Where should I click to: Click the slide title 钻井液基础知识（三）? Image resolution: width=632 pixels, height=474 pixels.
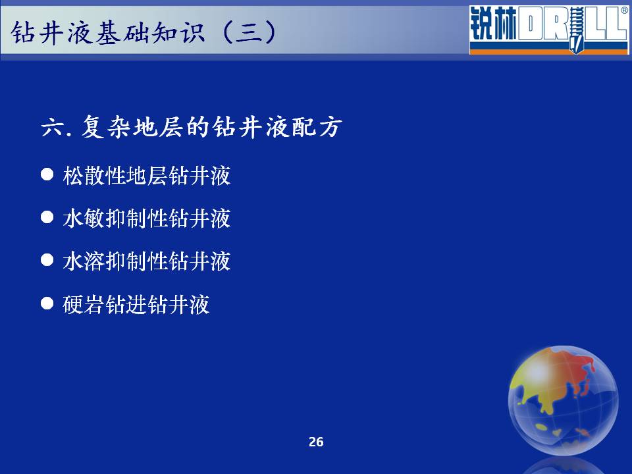tap(144, 32)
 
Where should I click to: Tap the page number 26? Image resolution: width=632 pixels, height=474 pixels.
tap(316, 442)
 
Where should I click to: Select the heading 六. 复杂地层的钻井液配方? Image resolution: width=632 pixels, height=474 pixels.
tap(192, 126)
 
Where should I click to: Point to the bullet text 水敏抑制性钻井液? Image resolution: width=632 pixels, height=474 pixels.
tap(147, 218)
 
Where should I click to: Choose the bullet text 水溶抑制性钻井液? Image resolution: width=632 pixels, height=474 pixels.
tap(147, 261)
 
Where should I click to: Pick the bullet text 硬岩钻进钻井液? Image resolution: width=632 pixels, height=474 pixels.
tap(136, 304)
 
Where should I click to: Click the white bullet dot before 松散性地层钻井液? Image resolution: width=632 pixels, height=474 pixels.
tap(47, 174)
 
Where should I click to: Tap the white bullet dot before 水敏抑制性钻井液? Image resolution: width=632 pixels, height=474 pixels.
tap(47, 217)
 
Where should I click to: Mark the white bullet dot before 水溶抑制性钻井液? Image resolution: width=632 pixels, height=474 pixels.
tap(47, 260)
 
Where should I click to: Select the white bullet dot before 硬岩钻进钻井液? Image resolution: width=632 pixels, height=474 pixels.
tap(47, 303)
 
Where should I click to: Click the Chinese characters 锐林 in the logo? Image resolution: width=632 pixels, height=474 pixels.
tap(493, 24)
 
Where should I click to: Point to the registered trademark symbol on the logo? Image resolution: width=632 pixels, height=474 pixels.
tap(624, 11)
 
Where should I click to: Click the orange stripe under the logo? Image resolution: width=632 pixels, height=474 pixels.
tap(548, 51)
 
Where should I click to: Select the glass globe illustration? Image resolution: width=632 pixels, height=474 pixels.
tap(564, 400)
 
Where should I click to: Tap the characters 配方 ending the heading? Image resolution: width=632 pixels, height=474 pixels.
tap(317, 127)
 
